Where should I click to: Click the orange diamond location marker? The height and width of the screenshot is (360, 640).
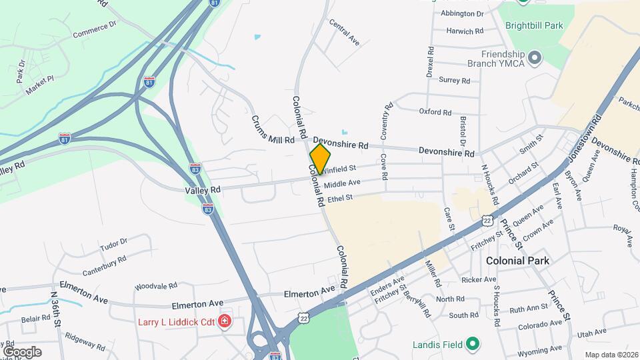coord(320,159)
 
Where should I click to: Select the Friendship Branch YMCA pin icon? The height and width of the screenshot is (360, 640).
coord(534,59)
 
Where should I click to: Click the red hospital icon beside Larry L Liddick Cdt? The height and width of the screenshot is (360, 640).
coord(225,322)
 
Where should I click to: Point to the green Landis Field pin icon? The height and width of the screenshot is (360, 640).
coord(473,344)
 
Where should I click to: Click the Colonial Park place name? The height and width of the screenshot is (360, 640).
coord(517,260)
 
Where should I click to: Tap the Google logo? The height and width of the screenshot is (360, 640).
coord(22,352)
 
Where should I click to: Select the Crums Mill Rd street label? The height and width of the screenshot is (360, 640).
coord(272,129)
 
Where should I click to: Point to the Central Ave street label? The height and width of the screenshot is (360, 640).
coord(344,31)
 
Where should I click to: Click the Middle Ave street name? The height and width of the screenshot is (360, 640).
coord(342,183)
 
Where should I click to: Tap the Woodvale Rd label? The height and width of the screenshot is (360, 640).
coord(155,285)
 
